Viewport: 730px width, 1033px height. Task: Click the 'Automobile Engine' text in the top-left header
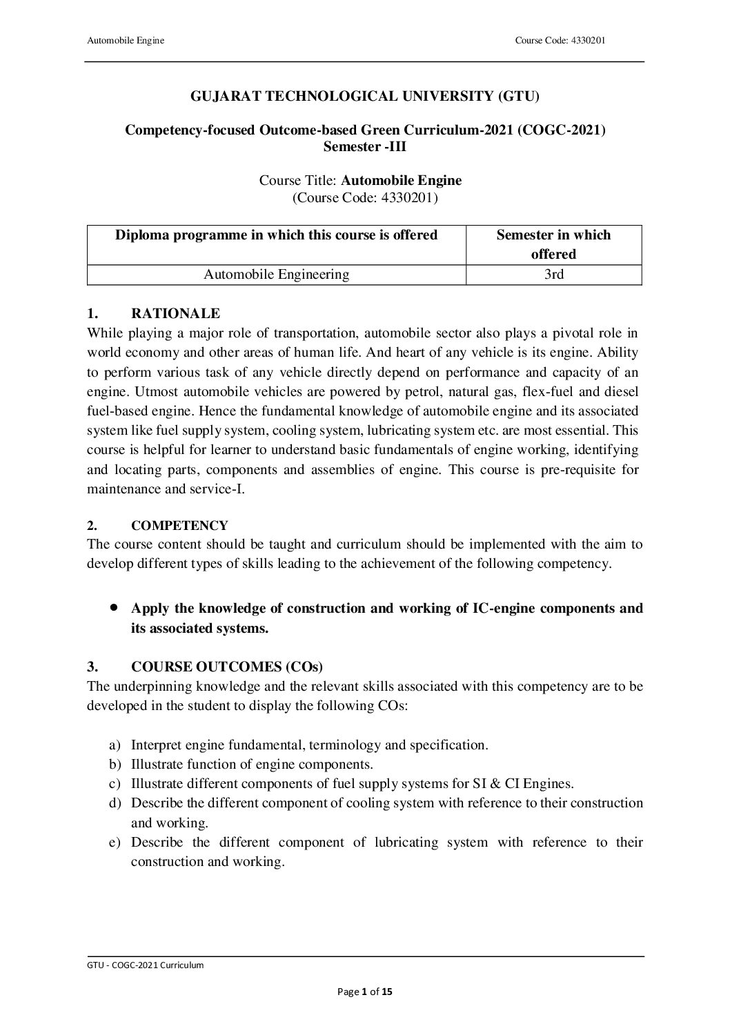(126, 41)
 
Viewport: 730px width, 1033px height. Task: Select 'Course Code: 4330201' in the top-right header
(560, 41)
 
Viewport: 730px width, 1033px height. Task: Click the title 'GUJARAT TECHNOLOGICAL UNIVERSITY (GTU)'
(364, 97)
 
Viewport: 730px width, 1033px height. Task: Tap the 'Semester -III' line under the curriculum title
(365, 146)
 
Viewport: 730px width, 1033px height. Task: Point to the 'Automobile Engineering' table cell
(276, 275)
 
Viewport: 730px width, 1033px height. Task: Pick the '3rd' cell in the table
(553, 275)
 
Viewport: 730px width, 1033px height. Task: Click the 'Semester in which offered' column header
(553, 244)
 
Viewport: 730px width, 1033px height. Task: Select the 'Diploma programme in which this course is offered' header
(276, 235)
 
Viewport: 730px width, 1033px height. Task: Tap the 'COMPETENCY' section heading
(179, 526)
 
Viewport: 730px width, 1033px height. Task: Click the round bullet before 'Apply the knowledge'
(114, 608)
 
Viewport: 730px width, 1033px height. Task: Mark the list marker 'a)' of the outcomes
(115, 745)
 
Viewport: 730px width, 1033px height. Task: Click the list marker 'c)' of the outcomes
(115, 784)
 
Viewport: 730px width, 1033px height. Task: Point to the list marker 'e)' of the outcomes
(115, 843)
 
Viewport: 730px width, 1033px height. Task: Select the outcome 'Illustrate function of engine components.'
(252, 765)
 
